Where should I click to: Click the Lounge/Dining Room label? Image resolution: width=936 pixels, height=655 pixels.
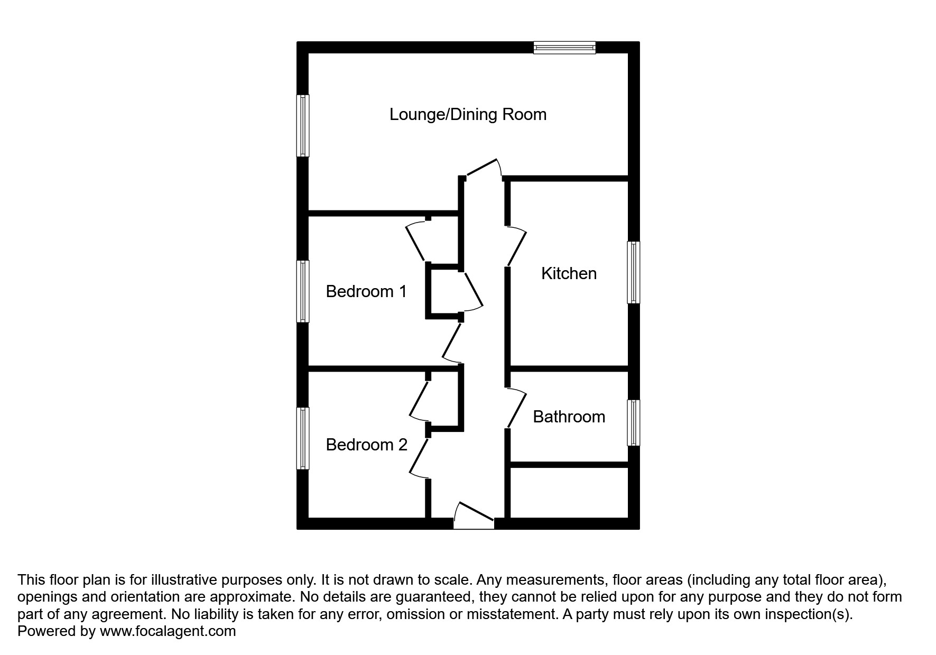[468, 114]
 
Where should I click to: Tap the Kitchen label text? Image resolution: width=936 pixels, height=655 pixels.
[569, 273]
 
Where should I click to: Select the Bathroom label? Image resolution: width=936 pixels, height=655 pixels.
[569, 417]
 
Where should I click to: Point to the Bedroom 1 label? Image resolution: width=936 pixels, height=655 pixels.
[366, 291]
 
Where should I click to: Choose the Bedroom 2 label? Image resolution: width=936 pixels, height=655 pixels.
[366, 445]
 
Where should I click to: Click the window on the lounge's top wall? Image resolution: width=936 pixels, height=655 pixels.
[564, 48]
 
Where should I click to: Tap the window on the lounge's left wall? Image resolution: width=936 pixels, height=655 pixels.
[302, 126]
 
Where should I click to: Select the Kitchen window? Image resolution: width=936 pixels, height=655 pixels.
[633, 272]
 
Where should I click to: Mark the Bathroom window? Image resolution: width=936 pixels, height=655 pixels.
[633, 422]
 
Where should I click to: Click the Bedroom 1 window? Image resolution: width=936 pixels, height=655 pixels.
[302, 291]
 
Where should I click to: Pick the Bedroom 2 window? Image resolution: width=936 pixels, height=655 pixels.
[302, 438]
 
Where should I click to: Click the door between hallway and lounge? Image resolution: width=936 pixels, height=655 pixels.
[483, 168]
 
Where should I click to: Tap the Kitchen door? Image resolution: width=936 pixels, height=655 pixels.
[517, 247]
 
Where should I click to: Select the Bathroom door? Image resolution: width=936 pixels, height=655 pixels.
[517, 409]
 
